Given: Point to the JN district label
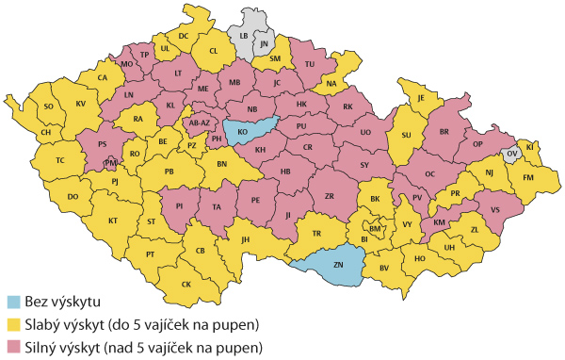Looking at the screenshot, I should click(265, 43).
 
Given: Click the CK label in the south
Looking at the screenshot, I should click(186, 285).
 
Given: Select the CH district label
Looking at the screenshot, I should click(44, 133).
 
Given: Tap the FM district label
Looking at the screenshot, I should click(527, 176).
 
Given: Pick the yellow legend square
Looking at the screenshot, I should click(13, 325).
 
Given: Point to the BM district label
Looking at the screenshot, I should click(376, 228).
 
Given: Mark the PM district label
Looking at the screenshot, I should click(110, 163).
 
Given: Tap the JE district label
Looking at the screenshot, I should click(423, 98).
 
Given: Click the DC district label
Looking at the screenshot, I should click(184, 36).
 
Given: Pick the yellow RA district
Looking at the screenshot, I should click(137, 120).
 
